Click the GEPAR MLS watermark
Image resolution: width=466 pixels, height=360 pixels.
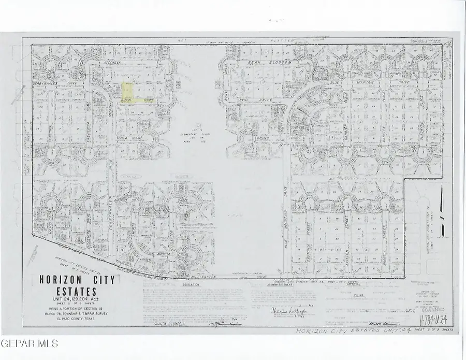[x=30, y=343]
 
